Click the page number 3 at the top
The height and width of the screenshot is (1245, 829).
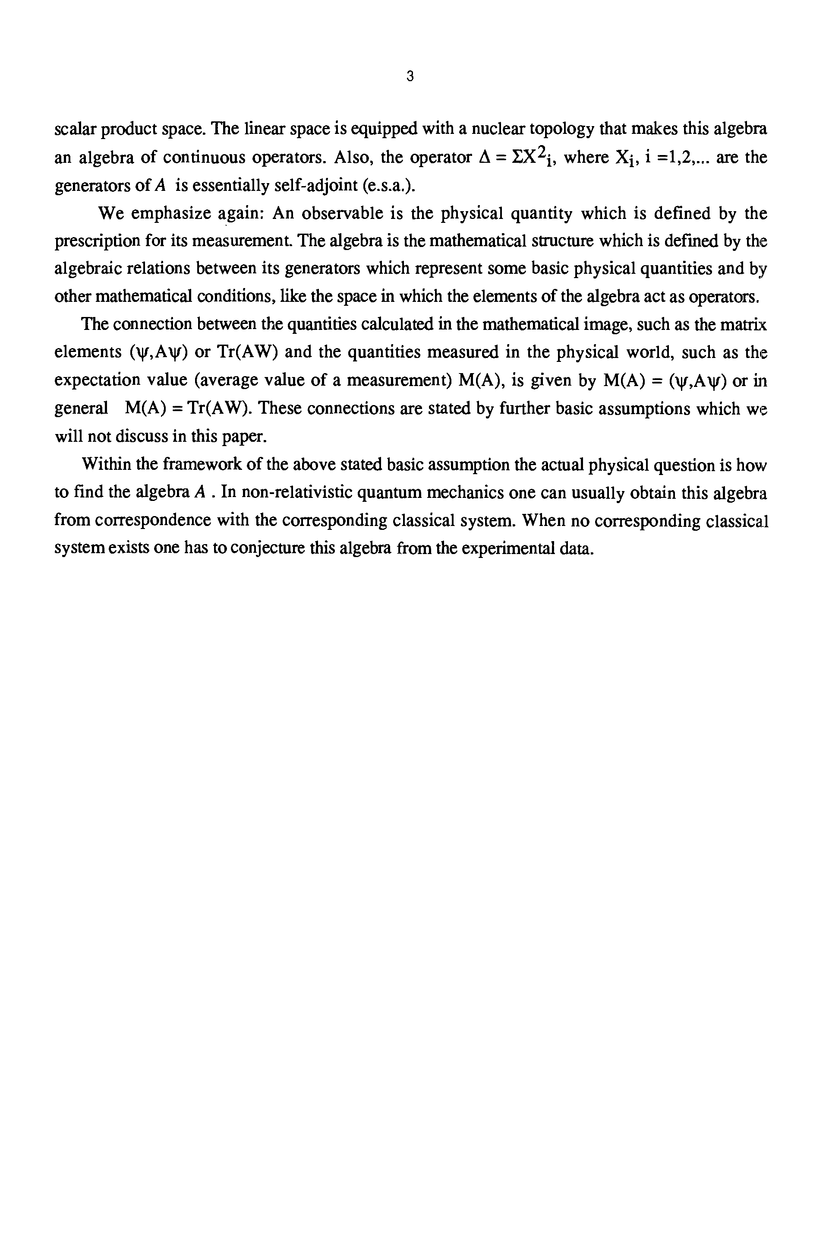point(410,77)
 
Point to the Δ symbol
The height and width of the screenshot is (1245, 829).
point(484,157)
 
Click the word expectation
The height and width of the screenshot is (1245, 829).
point(90,380)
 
